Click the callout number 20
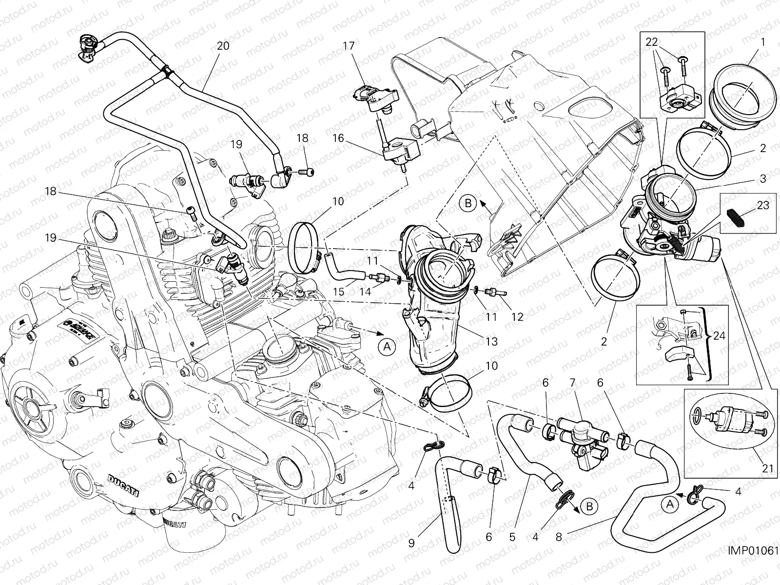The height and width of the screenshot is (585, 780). click(x=223, y=46)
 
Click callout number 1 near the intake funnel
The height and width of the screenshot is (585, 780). click(x=763, y=42)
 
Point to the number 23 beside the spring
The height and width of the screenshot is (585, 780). click(x=763, y=205)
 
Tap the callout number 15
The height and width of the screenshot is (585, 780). click(x=338, y=292)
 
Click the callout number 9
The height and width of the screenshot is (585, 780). click(x=411, y=543)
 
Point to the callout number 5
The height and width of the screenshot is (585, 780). click(x=512, y=537)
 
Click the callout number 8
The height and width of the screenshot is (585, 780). click(x=559, y=537)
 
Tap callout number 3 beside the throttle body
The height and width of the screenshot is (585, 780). click(x=762, y=178)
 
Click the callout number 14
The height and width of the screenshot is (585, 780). click(x=366, y=292)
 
